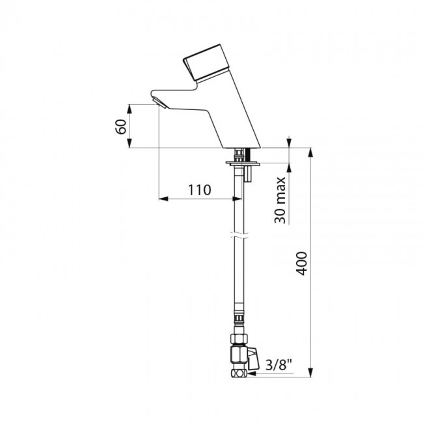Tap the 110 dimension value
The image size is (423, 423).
pos(199,190)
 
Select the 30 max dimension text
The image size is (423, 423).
pos(280,200)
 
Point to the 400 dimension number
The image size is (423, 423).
pos(301,264)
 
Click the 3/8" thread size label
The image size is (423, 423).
pos(279,366)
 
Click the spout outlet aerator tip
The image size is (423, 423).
pos(160,103)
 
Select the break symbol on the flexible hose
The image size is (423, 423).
pos(238,235)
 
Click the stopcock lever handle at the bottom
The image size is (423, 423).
pos(253,359)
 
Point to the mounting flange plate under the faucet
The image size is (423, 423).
pos(243,163)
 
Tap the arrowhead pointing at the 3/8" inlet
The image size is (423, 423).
pos(252,374)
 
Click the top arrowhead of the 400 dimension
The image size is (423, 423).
pos(311,152)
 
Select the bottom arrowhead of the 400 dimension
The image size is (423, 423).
pos(311,372)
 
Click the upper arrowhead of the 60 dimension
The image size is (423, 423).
pos(130,109)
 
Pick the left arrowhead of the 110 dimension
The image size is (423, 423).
pos(163,199)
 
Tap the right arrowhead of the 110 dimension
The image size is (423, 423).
pos(237,199)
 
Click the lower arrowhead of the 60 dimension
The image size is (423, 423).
pos(130,143)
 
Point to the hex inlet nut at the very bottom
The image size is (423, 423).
pos(239,374)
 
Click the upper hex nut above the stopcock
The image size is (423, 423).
pos(239,338)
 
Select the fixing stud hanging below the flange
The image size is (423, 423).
pos(248,174)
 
